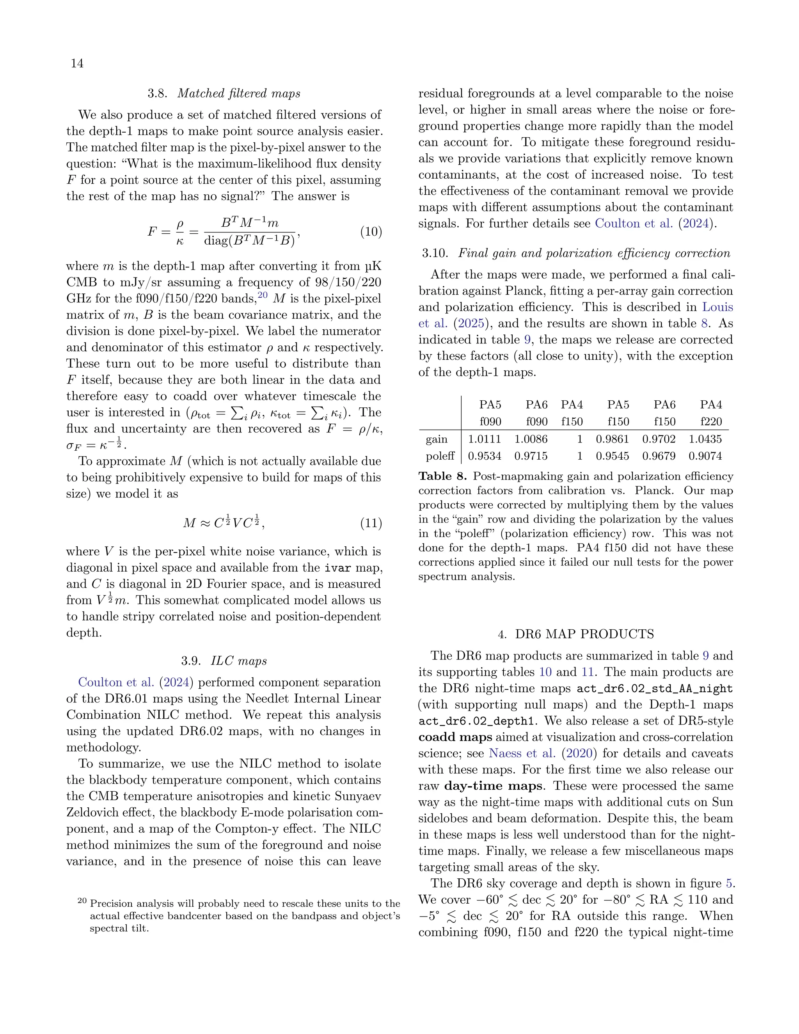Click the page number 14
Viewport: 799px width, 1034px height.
point(77,64)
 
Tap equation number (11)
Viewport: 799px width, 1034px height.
point(371,523)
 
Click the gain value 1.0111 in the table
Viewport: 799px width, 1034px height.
point(484,439)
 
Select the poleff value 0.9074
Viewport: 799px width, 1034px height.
point(705,456)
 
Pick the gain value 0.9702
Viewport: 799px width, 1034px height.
point(659,439)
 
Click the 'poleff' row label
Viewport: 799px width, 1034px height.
point(440,456)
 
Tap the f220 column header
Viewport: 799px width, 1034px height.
point(710,421)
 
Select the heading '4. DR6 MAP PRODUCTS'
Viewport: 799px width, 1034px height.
point(575,634)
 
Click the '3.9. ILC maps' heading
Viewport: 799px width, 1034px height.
point(224,661)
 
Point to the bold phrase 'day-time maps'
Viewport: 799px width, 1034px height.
point(493,786)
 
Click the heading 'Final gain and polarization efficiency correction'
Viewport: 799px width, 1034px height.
point(594,253)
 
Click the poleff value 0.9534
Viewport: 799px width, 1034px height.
point(484,456)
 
